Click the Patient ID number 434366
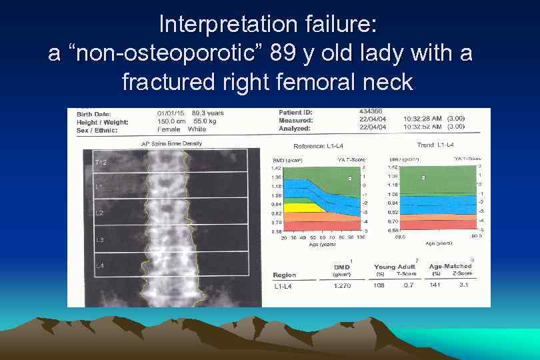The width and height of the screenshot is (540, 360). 371,111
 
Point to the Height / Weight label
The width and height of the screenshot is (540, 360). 102,121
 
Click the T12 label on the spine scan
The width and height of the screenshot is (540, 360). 100,162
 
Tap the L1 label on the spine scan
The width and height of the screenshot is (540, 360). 98,187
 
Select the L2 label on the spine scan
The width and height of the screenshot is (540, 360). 99,213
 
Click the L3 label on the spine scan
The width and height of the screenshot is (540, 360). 99,239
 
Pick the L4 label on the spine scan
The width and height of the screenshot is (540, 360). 99,265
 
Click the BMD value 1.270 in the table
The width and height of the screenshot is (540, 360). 341,287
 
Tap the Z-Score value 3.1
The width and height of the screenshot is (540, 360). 464,287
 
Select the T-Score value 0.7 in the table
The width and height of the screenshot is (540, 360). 409,287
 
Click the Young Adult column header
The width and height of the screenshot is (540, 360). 394,267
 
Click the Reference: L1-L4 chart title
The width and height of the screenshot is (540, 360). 321,145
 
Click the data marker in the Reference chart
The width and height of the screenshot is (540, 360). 349,179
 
